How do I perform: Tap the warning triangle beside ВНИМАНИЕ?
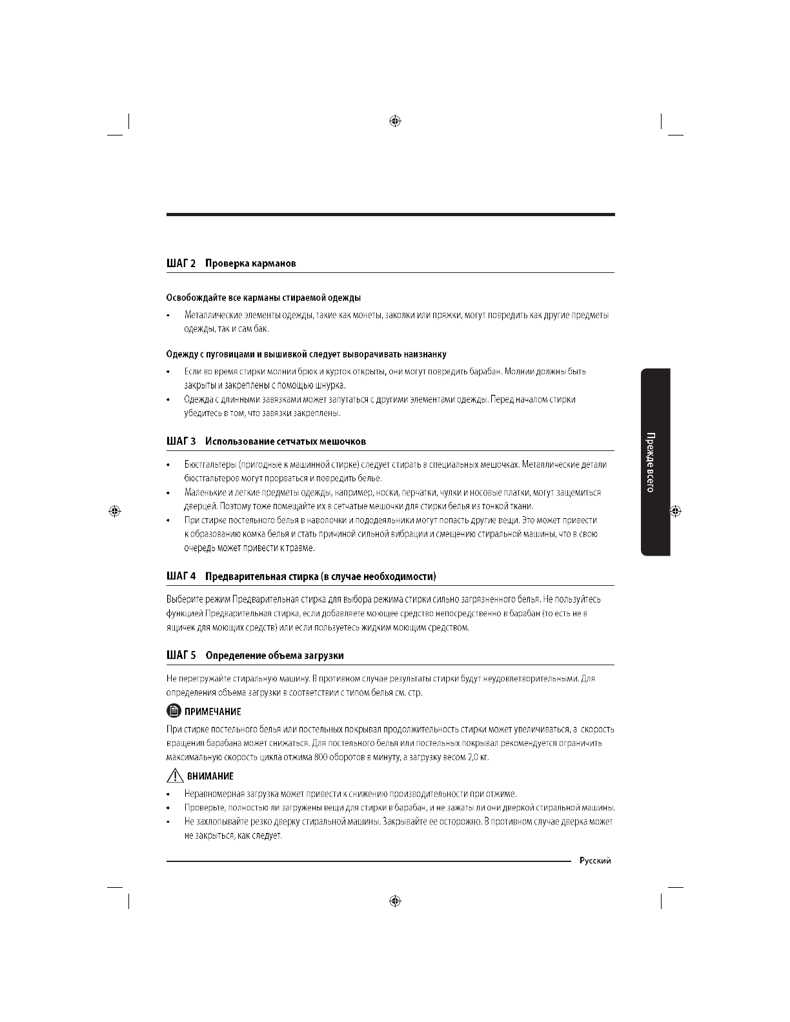(174, 776)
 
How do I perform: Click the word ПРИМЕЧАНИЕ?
(213, 712)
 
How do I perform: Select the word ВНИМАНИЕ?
(210, 776)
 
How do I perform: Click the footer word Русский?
(594, 861)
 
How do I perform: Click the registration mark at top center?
(396, 121)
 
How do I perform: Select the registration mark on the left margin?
(114, 511)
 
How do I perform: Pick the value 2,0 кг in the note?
(478, 757)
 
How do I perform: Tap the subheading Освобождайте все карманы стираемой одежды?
(263, 297)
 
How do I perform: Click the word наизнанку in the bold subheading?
(425, 354)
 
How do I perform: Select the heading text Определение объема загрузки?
(274, 656)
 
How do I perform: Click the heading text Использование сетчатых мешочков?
(285, 441)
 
